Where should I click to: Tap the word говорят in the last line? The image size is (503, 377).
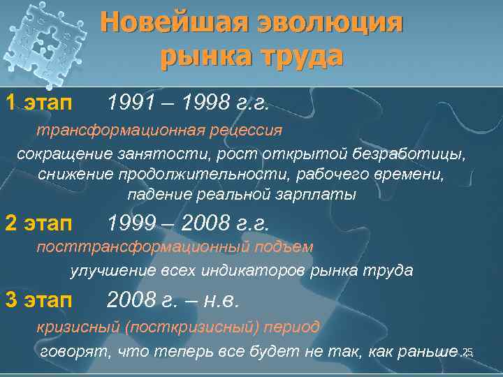coord(73,350)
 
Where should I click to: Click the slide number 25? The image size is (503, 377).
coord(469,352)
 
